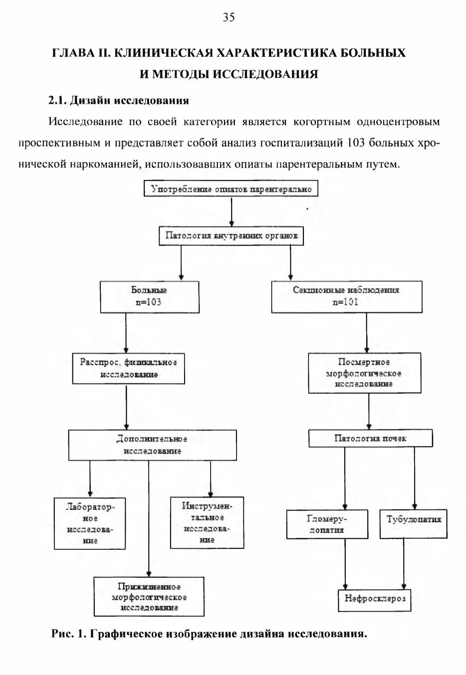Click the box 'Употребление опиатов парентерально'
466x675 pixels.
coord(231,189)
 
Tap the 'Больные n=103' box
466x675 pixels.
coord(150,297)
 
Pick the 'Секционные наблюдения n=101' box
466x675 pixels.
coord(347,297)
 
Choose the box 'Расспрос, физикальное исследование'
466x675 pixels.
coord(128,369)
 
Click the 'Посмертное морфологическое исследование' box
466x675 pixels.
coord(364,373)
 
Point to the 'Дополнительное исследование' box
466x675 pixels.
coord(153,445)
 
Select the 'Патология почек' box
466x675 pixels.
coord(370,438)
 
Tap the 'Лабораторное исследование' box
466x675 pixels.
coord(90,523)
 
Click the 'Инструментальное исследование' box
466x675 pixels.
coord(207,523)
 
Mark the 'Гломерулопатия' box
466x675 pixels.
coord(327,524)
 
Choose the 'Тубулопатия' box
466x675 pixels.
coord(413,524)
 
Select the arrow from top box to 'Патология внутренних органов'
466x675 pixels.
coord(232,213)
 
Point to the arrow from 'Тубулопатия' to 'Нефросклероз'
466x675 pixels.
coord(404,564)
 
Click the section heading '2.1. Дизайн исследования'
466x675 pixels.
coord(119,100)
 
